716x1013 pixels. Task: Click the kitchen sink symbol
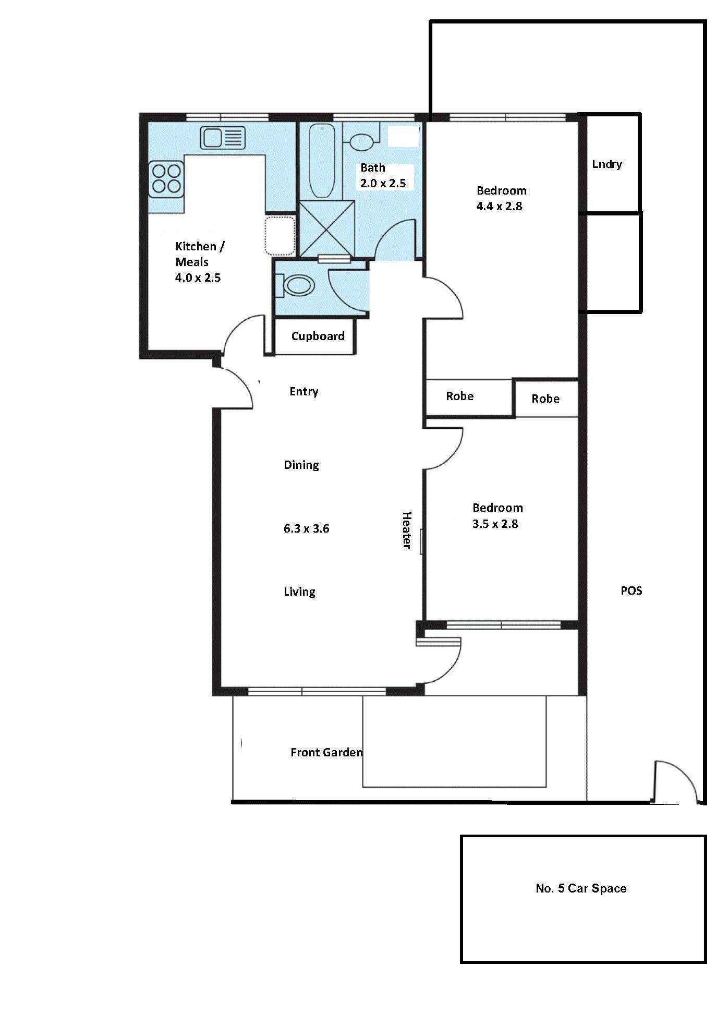click(223, 138)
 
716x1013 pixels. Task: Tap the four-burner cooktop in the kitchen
click(166, 179)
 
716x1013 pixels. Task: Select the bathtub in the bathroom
click(322, 161)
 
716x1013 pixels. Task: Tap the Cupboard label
click(318, 336)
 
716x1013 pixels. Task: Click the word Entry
click(304, 392)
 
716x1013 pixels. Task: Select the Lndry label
click(607, 164)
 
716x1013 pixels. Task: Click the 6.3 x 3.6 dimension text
click(306, 528)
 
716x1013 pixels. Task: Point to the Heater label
click(407, 530)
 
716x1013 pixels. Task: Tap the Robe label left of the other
click(459, 396)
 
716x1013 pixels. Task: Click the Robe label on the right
click(545, 399)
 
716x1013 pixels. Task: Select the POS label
click(631, 590)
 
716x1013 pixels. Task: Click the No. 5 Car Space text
click(581, 888)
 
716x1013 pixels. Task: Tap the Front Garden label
click(326, 752)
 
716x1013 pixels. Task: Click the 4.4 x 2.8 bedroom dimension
click(499, 206)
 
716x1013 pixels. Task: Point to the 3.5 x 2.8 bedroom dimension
click(495, 524)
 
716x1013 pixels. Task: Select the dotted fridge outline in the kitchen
click(280, 236)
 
